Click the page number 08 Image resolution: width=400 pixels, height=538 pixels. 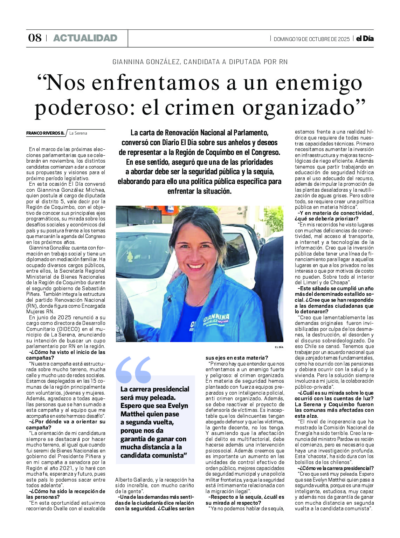click(35, 38)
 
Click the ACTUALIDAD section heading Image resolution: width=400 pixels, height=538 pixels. click(85, 38)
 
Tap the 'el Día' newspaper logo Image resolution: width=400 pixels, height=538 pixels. click(365, 39)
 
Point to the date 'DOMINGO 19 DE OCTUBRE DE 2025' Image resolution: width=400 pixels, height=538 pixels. click(311, 39)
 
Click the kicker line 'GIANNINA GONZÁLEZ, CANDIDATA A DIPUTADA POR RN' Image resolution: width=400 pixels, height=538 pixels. click(200, 62)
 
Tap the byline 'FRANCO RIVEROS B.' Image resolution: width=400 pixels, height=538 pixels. click(45, 133)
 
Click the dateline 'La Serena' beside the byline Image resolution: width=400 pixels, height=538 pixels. click(78, 133)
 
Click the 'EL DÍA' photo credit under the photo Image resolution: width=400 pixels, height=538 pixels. click(279, 347)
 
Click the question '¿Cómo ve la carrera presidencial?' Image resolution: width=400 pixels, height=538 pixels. click(336, 468)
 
